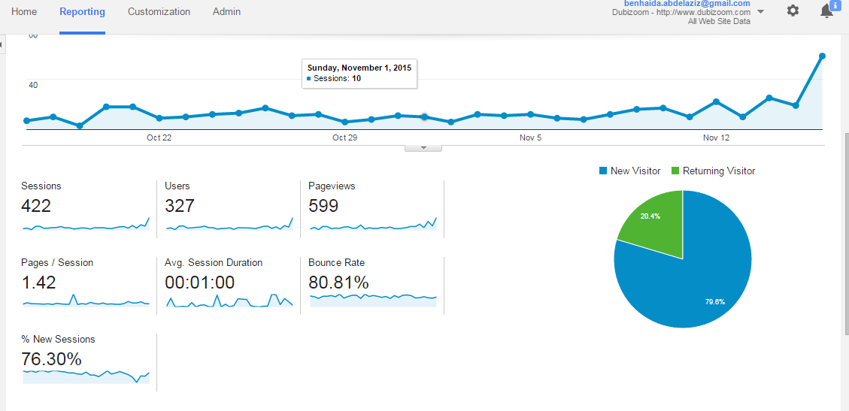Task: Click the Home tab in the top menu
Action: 24,11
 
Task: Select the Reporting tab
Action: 82,11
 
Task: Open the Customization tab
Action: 159,11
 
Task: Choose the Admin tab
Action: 227,11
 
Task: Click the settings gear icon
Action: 793,11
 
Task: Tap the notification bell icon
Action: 826,11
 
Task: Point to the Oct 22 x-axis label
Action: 159,138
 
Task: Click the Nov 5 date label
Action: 531,138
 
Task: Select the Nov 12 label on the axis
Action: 717,138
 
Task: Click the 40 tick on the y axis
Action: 32,85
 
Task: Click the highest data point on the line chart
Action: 822,56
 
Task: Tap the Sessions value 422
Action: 36,206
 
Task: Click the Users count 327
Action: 179,206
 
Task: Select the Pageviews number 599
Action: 323,206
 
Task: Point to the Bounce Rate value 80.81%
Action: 339,283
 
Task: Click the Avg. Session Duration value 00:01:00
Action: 200,283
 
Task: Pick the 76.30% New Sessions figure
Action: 51,359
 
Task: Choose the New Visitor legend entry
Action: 629,171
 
